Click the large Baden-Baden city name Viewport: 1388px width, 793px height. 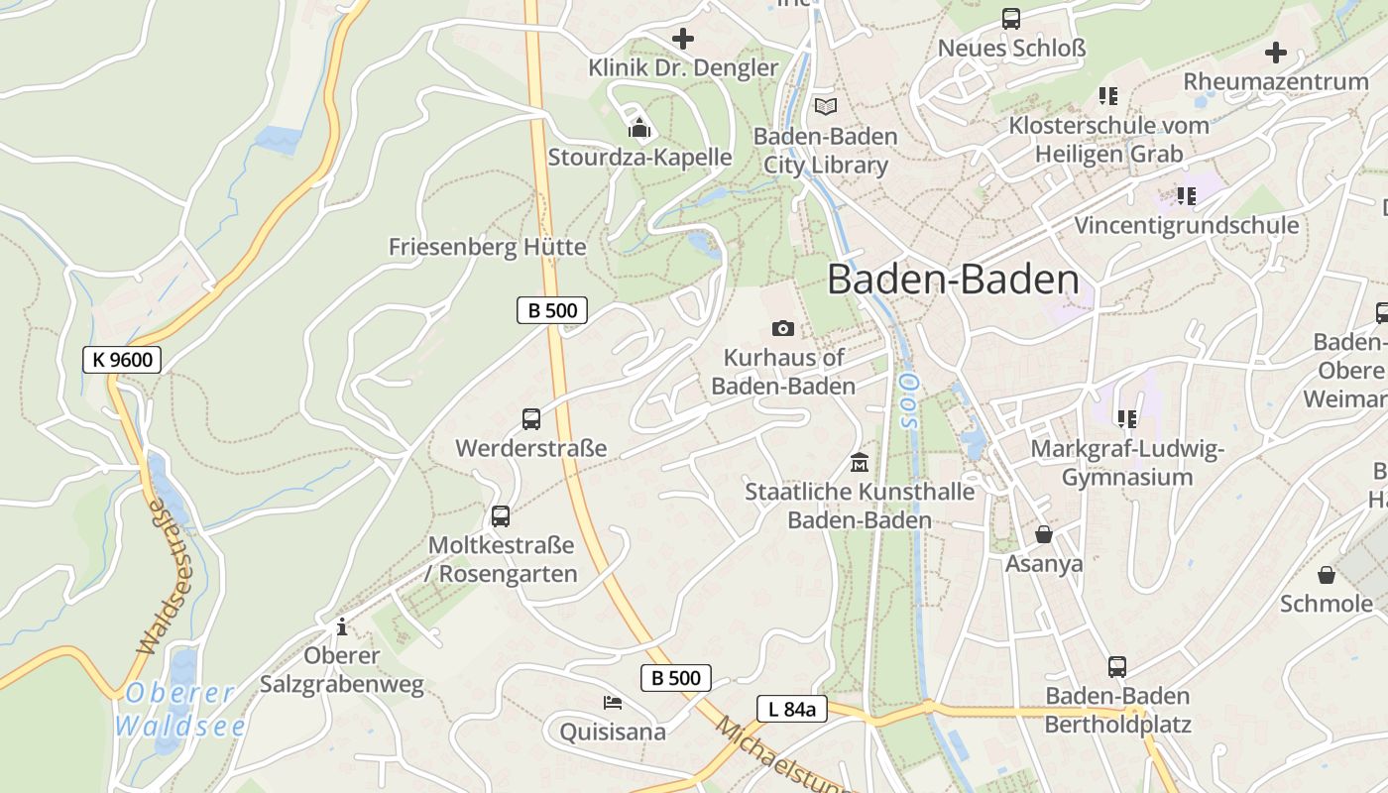point(953,280)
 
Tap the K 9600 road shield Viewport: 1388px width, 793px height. point(122,360)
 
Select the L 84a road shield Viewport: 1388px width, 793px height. point(791,709)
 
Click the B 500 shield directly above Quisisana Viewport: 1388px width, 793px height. point(676,678)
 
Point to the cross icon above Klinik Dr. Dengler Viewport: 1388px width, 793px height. point(683,39)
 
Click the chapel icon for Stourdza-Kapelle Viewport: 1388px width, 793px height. point(639,128)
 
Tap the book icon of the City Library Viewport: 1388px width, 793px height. point(825,106)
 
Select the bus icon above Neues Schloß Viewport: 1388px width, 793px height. point(1011,19)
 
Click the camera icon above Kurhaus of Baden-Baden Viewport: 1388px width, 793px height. point(782,328)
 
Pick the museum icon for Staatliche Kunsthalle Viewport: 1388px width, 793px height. point(859,462)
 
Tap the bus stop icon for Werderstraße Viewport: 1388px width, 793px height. point(531,419)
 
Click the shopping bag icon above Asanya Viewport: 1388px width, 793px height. point(1043,534)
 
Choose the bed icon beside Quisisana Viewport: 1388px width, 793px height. point(613,703)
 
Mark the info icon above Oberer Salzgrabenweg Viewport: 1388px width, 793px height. point(342,626)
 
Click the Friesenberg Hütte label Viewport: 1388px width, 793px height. point(487,247)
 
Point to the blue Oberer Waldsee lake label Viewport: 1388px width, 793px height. point(180,710)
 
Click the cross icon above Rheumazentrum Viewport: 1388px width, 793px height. point(1276,53)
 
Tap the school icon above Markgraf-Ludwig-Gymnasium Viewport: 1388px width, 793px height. point(1127,419)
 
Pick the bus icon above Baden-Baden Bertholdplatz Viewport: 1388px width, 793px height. point(1117,667)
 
